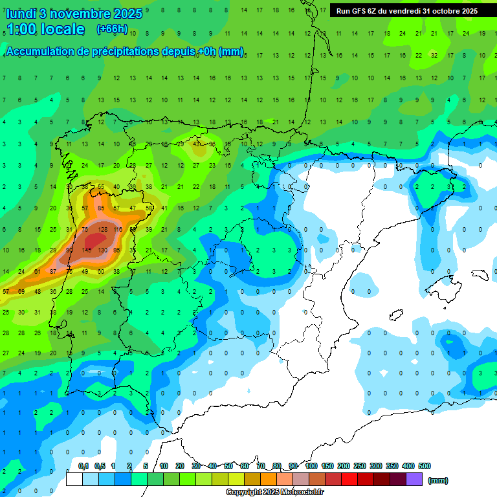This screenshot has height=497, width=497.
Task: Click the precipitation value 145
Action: coord(85,250)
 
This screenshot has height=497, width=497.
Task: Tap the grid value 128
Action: coord(102,229)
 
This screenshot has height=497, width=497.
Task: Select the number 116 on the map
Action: coord(117,229)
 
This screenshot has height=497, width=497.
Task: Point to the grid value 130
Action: coord(102,250)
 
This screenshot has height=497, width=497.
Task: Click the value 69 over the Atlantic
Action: coord(21,292)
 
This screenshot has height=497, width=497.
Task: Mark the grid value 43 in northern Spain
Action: coord(196,144)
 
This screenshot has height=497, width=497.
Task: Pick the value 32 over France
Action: coord(434,56)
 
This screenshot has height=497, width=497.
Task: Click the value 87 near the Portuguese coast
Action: coord(54,271)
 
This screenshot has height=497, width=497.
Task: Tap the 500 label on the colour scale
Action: coord(425,466)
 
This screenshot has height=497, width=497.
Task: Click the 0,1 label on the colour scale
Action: coord(83,466)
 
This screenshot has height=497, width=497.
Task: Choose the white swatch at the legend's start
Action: coord(74,480)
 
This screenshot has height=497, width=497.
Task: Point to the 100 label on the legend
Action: coord(311,466)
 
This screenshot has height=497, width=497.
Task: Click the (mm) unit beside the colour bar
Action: coord(438,480)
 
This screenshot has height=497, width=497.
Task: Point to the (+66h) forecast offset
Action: coord(112,29)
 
